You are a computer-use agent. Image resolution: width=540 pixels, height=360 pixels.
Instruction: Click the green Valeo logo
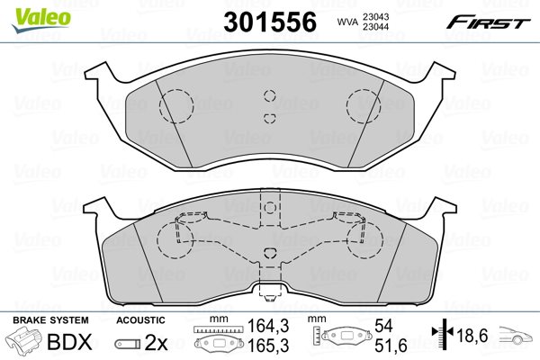coord(41,20)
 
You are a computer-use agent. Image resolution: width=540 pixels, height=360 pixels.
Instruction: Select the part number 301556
coord(270,22)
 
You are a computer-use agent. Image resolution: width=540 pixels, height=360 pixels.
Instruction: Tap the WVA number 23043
coord(375,16)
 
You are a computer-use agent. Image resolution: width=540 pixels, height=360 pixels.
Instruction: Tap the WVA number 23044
coord(375,26)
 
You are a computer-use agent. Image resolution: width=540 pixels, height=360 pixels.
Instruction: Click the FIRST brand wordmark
coord(489,23)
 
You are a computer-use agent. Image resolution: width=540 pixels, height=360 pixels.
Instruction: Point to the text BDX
coord(69,342)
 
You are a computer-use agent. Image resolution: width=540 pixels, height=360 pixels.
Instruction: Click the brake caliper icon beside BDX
coord(24,340)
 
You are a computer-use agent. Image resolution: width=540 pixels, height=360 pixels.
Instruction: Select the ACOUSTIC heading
coord(140,320)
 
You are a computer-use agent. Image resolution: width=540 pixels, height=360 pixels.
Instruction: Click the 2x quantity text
coord(156,343)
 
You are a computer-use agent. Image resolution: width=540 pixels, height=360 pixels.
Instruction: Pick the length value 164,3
coord(268,326)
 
